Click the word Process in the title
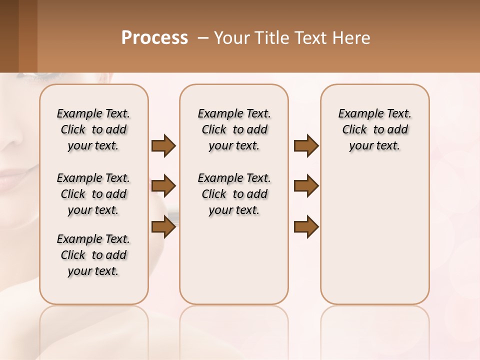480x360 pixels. point(154,37)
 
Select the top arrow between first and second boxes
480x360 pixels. point(163,145)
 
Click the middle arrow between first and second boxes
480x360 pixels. point(163,186)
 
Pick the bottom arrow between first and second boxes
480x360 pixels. point(163,227)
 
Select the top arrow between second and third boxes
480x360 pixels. point(306,145)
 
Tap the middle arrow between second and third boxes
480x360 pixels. point(306,186)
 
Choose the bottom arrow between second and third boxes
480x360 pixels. point(306,227)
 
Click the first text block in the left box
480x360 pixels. point(93,129)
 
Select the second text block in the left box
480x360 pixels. point(93,194)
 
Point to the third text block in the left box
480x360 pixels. point(93,255)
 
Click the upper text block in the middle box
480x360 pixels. point(234,129)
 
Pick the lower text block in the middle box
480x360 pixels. point(234,194)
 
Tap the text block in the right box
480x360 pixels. point(374,129)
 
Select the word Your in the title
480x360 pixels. point(232,37)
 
